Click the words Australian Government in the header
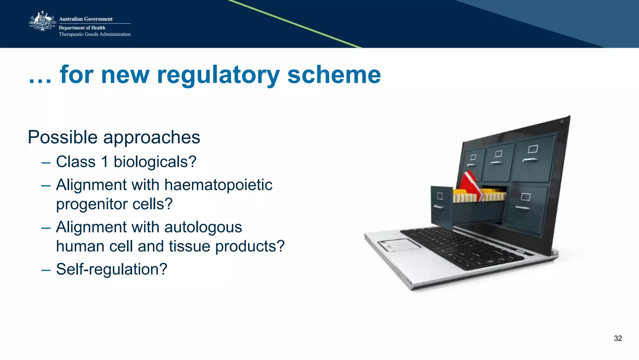click(85, 19)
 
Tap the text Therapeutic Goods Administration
click(95, 34)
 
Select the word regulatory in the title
click(218, 75)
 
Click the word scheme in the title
click(334, 75)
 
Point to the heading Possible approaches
click(114, 137)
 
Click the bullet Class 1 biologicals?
click(126, 162)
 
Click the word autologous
click(203, 227)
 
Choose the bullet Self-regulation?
click(111, 269)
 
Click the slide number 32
click(617, 338)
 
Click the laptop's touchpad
click(399, 244)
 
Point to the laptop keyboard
click(462, 247)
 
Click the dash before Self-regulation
click(46, 270)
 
